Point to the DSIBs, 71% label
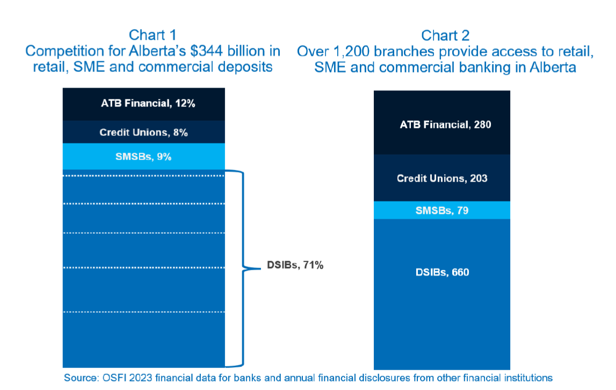click(x=295, y=265)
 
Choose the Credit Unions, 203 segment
click(x=442, y=178)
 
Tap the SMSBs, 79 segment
click(x=442, y=210)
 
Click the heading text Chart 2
click(x=445, y=35)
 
